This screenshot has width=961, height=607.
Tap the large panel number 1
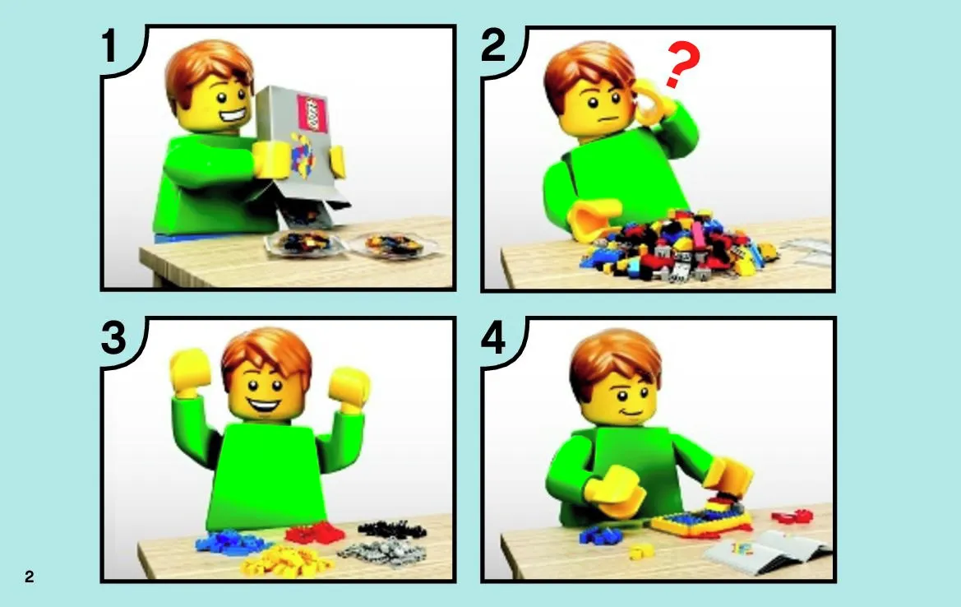(109, 46)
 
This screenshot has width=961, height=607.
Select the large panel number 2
(493, 45)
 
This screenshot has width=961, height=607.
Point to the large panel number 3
(113, 338)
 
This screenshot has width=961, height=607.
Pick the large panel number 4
(493, 338)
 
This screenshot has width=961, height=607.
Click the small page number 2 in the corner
(29, 577)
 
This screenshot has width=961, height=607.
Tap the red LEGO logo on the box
(312, 114)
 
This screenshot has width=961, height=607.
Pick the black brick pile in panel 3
(392, 528)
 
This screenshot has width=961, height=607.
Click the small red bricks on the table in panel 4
(792, 517)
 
